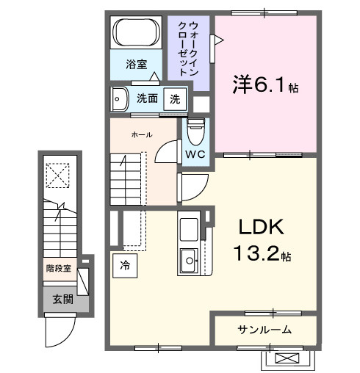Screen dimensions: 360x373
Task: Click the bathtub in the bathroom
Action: [136, 32]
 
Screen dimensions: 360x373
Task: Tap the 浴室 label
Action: [137, 64]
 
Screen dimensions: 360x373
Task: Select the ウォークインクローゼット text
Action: [188, 48]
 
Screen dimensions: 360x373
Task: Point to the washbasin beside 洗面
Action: [120, 99]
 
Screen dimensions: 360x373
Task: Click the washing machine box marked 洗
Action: [175, 99]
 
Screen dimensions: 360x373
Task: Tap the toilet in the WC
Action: [195, 131]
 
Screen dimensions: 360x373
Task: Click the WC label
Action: [195, 154]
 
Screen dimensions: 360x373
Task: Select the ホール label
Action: [142, 134]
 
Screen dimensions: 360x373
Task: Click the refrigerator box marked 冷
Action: [125, 265]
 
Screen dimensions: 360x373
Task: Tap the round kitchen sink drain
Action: [190, 261]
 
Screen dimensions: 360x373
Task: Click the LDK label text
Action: [262, 227]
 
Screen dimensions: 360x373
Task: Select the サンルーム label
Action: [264, 330]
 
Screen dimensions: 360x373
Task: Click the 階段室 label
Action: [59, 269]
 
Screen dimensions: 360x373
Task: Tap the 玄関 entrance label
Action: [63, 299]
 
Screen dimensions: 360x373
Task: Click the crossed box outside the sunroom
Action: [287, 358]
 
